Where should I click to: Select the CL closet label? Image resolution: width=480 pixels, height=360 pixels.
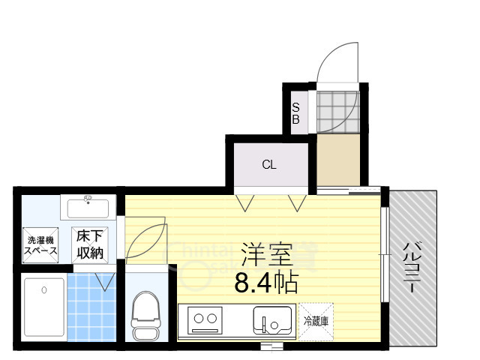tap(269, 165)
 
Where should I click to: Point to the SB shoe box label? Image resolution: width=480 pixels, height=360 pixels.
tap(295, 113)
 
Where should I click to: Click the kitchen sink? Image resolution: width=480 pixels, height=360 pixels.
tap(272, 320)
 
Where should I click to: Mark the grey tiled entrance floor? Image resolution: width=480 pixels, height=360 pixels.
tap(337, 110)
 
